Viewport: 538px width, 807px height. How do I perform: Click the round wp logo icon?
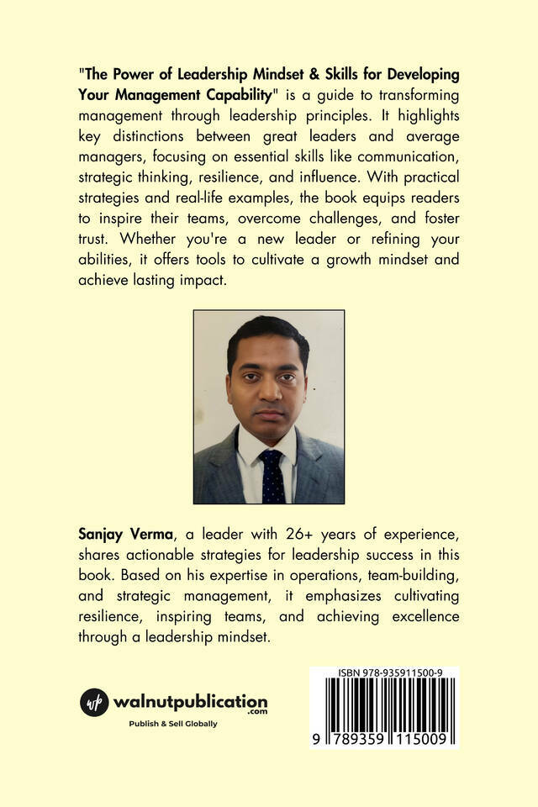pyautogui.click(x=95, y=702)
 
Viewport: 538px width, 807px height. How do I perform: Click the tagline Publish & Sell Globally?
pyautogui.click(x=172, y=724)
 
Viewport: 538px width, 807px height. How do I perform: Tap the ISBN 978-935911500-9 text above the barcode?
pyautogui.click(x=383, y=672)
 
